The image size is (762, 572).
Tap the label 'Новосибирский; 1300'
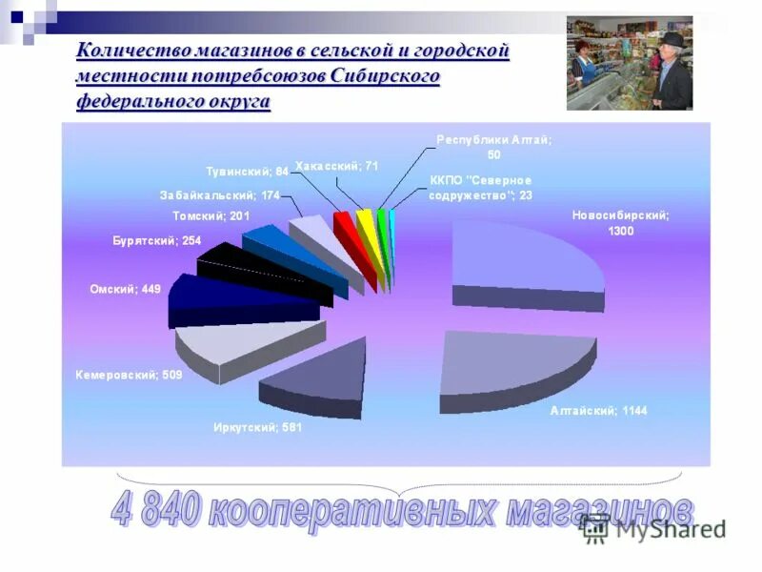click(x=620, y=223)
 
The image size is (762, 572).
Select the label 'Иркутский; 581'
click(x=256, y=427)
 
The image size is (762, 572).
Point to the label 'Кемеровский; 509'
click(x=129, y=376)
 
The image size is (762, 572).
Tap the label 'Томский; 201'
click(x=211, y=216)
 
